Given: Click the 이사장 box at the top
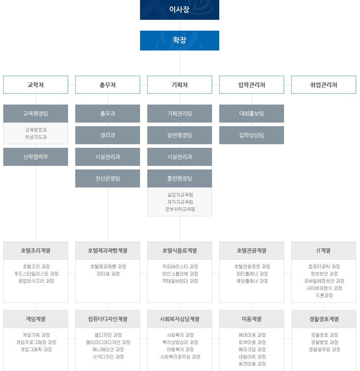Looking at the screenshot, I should tap(179, 9).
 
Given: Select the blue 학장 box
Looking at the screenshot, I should tap(179, 40).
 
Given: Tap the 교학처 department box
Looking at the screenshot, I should tap(36, 85).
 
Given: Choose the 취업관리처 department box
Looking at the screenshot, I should tap(323, 85).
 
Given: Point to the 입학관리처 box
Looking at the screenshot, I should tap(251, 85).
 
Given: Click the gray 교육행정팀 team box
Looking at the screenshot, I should tap(36, 114).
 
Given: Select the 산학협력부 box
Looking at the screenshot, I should tap(36, 157).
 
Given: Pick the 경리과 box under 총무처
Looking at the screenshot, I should tap(108, 135).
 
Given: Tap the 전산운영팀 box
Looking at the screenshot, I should tap(108, 178).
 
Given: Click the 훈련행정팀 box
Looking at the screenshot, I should tap(180, 178).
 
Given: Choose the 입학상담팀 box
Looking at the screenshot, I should tap(252, 135).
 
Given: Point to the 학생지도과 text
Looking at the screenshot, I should tap(36, 137).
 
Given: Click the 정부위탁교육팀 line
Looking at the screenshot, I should tap(180, 209).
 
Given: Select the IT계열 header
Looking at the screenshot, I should tap(323, 251).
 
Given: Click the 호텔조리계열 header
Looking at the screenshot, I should tap(36, 251).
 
